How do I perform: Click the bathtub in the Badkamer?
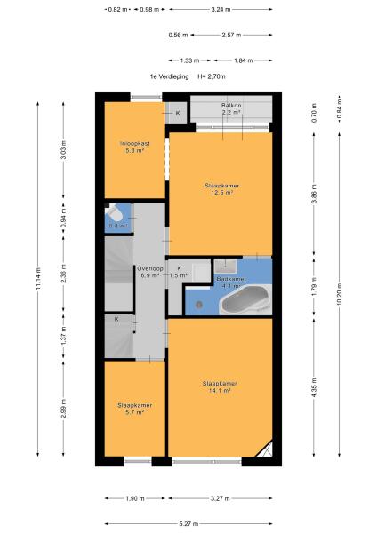245,300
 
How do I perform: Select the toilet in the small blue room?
115,213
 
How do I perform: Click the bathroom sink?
225,266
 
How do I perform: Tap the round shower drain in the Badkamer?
199,305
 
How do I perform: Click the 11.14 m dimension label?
37,279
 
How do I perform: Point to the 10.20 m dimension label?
340,294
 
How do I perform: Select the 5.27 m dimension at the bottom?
188,524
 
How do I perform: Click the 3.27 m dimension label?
221,498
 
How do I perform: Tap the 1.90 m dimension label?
135,498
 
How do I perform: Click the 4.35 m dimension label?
314,387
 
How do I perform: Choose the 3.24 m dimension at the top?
221,10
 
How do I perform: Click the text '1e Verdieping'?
170,76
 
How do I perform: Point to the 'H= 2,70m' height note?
212,76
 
